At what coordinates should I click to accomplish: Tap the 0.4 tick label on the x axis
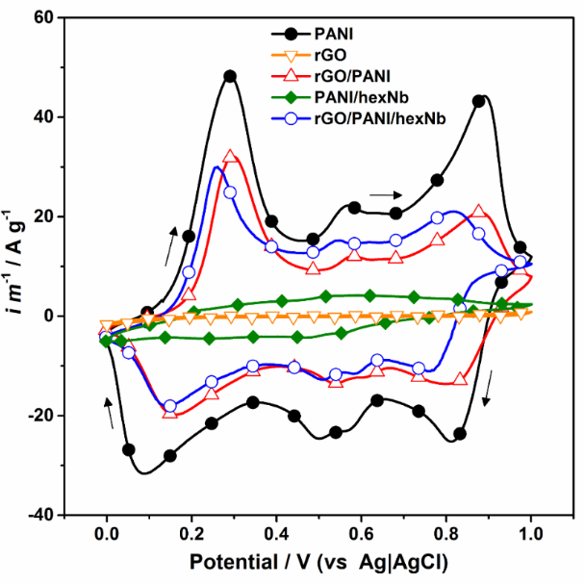[x=276, y=530]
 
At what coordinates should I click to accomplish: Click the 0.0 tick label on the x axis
[x=106, y=530]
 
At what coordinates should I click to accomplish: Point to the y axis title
[x=15, y=266]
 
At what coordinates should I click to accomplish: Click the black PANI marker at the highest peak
[x=230, y=76]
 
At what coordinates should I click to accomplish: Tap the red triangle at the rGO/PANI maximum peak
[x=230, y=157]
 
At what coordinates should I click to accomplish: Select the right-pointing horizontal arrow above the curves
[x=384, y=194]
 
